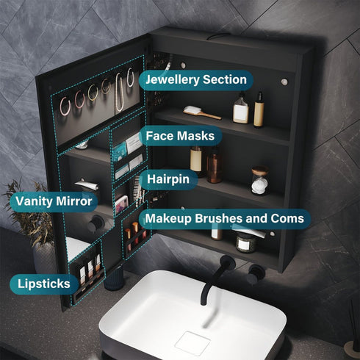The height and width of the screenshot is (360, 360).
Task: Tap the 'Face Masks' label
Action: pyautogui.click(x=179, y=136)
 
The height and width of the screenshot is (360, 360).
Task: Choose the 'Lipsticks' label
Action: pyautogui.click(x=44, y=283)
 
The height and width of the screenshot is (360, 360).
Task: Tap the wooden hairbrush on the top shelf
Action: pyautogui.click(x=201, y=113)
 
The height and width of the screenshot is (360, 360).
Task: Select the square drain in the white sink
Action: pyautogui.click(x=194, y=342)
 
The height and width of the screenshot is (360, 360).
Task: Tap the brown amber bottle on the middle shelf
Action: pyautogui.click(x=214, y=167)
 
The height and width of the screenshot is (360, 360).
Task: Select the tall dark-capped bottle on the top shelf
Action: pyautogui.click(x=259, y=109)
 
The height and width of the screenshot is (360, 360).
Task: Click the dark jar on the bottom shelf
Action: pyautogui.click(x=245, y=242)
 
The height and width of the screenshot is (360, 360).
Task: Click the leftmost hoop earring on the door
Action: pyautogui.click(x=65, y=105)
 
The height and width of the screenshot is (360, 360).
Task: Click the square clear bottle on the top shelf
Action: pyautogui.click(x=240, y=110)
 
